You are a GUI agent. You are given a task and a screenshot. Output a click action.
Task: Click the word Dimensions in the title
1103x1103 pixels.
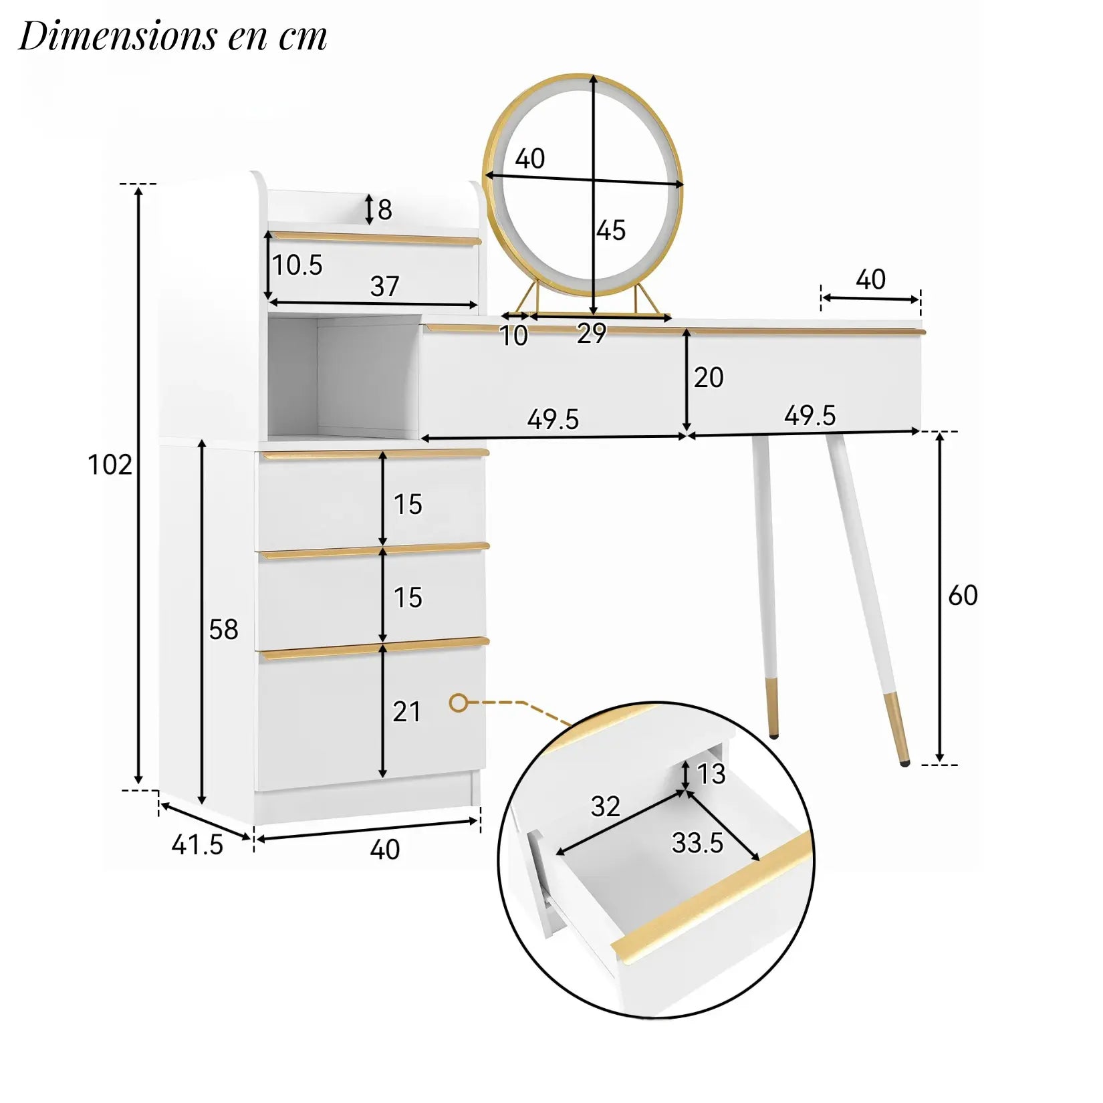point(118,37)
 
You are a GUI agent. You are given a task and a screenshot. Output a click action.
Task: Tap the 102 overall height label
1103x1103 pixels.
point(110,465)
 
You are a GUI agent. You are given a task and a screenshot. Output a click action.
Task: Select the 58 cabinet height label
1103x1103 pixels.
point(223,630)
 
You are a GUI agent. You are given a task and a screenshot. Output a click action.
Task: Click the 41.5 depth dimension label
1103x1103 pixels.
point(197,845)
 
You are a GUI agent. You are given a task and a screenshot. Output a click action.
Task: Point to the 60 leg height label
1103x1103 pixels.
point(963,596)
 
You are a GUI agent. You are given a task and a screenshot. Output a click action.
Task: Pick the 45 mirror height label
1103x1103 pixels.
point(611,231)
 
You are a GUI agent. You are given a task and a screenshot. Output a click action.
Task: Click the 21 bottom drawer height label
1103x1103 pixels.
point(406,713)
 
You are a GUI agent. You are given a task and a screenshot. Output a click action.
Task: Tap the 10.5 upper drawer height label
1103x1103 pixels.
point(297,265)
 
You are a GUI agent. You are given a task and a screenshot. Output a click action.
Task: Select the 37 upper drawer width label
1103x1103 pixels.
point(385,287)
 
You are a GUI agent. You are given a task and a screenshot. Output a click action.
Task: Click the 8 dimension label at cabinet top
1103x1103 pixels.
point(384,210)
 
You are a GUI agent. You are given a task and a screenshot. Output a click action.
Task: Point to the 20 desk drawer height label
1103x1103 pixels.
point(709,378)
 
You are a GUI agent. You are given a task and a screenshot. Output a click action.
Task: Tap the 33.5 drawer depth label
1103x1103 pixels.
point(697,844)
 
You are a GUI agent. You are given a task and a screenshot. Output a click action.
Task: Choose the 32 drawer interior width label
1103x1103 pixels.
point(605,807)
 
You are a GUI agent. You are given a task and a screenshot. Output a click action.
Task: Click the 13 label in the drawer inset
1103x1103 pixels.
point(711,774)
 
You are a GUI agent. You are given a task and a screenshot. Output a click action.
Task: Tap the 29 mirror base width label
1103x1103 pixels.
point(592,334)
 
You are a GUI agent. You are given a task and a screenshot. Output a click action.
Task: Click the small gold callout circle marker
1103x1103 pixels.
point(458,703)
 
